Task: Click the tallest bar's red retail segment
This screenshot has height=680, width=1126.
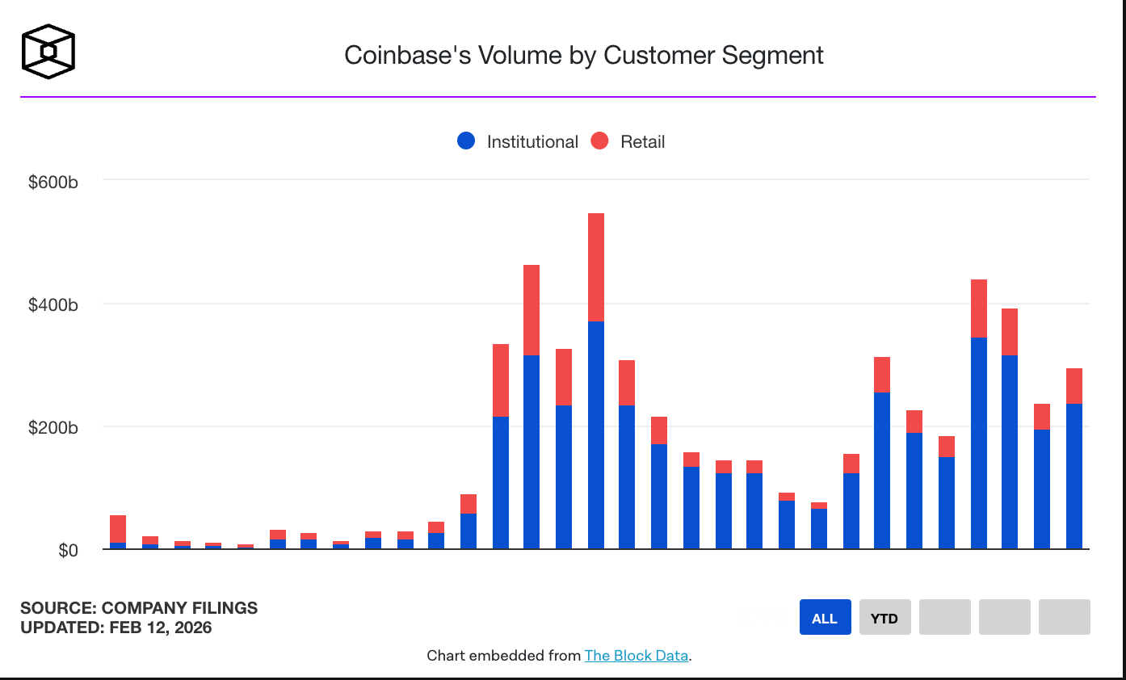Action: [596, 267]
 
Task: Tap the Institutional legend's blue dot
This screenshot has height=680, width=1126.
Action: [466, 141]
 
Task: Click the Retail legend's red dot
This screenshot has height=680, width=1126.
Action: [599, 141]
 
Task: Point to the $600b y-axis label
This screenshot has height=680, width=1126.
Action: [53, 183]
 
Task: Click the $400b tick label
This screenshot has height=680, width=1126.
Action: [53, 305]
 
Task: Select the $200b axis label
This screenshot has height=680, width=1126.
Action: [53, 428]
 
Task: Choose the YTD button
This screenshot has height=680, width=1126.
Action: [884, 618]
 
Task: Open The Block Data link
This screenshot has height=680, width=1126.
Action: [637, 655]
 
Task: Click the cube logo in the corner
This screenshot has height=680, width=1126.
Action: [48, 52]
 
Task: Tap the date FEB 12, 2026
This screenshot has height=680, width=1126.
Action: [161, 628]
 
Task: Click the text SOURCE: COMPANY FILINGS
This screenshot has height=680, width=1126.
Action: [139, 608]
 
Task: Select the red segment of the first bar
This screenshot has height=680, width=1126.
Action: [118, 529]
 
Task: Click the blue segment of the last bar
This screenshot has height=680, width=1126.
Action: [1074, 476]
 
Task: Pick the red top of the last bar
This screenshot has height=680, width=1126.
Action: [1074, 386]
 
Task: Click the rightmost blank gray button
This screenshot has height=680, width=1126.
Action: [1064, 618]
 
